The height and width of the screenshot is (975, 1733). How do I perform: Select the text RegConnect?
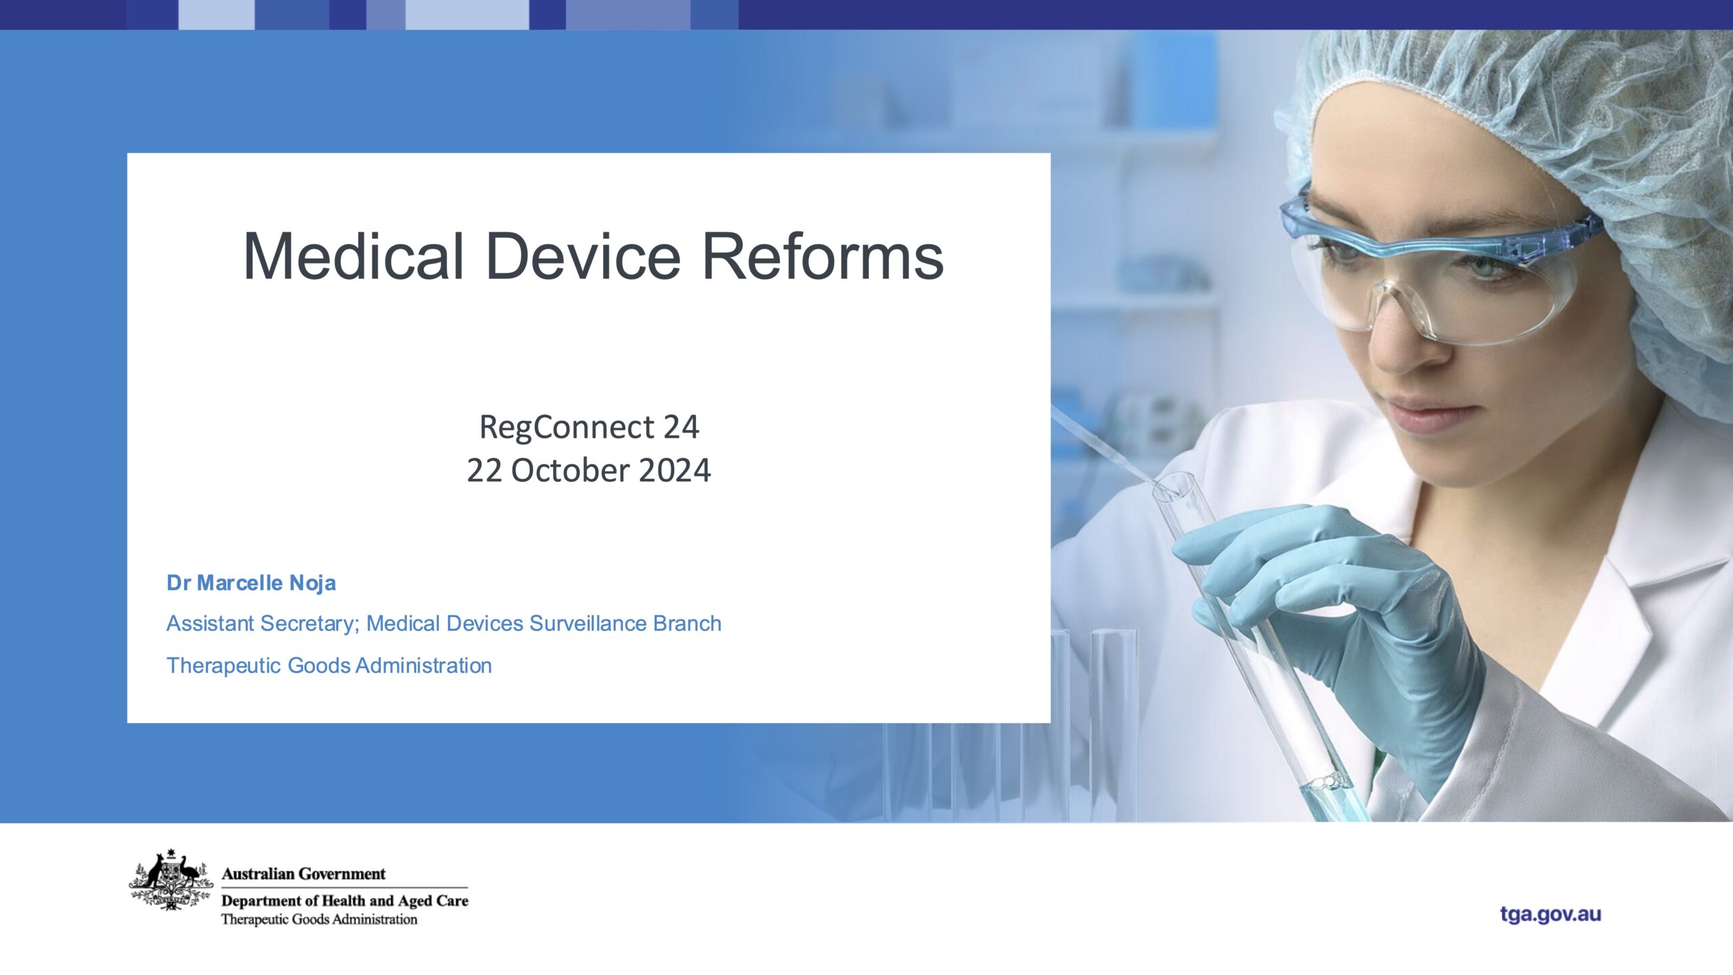[x=567, y=428]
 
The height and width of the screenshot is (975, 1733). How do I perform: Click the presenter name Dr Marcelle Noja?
[x=251, y=583]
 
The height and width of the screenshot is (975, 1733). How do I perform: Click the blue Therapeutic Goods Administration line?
[x=329, y=666]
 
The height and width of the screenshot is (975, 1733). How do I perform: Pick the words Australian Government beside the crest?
[x=303, y=874]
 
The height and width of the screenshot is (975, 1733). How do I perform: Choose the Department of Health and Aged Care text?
[x=345, y=901]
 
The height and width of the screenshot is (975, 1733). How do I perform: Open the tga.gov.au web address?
[x=1550, y=914]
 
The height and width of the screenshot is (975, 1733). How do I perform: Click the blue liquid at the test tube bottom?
[x=1337, y=799]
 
